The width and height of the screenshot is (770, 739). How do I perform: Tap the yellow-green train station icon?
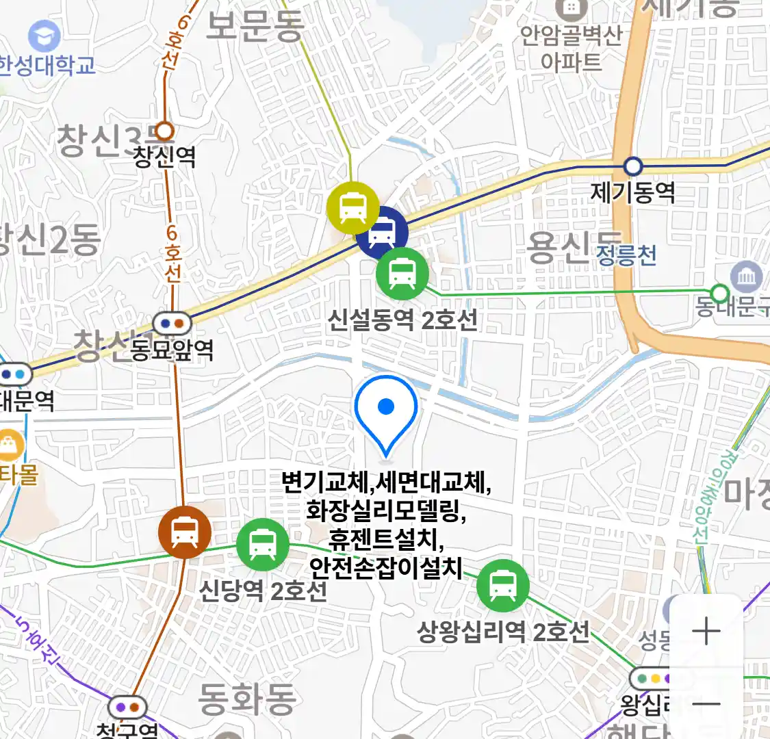pos(352,207)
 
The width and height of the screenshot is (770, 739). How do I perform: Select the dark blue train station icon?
pos(381,233)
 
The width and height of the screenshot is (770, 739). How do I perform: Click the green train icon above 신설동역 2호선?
pos(402,273)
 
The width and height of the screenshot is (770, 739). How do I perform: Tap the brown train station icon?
pos(184,532)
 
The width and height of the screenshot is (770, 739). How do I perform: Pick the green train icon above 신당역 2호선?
pos(262,544)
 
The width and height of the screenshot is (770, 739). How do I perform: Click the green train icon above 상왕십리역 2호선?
pos(503,586)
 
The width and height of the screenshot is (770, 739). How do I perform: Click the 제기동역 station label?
pos(632,192)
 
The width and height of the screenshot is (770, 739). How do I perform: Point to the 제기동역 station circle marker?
pos(633,166)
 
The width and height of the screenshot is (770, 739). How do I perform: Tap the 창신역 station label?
pos(164,157)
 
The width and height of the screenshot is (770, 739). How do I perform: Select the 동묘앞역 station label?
pos(172,350)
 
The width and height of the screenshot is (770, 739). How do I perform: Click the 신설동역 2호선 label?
pos(402,320)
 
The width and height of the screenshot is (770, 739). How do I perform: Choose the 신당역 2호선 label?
pos(263,590)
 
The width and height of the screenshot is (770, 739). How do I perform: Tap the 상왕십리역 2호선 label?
pos(503,632)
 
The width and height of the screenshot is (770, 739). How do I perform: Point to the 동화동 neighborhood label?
pos(247,698)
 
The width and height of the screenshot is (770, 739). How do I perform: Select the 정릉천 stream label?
pos(626,255)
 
